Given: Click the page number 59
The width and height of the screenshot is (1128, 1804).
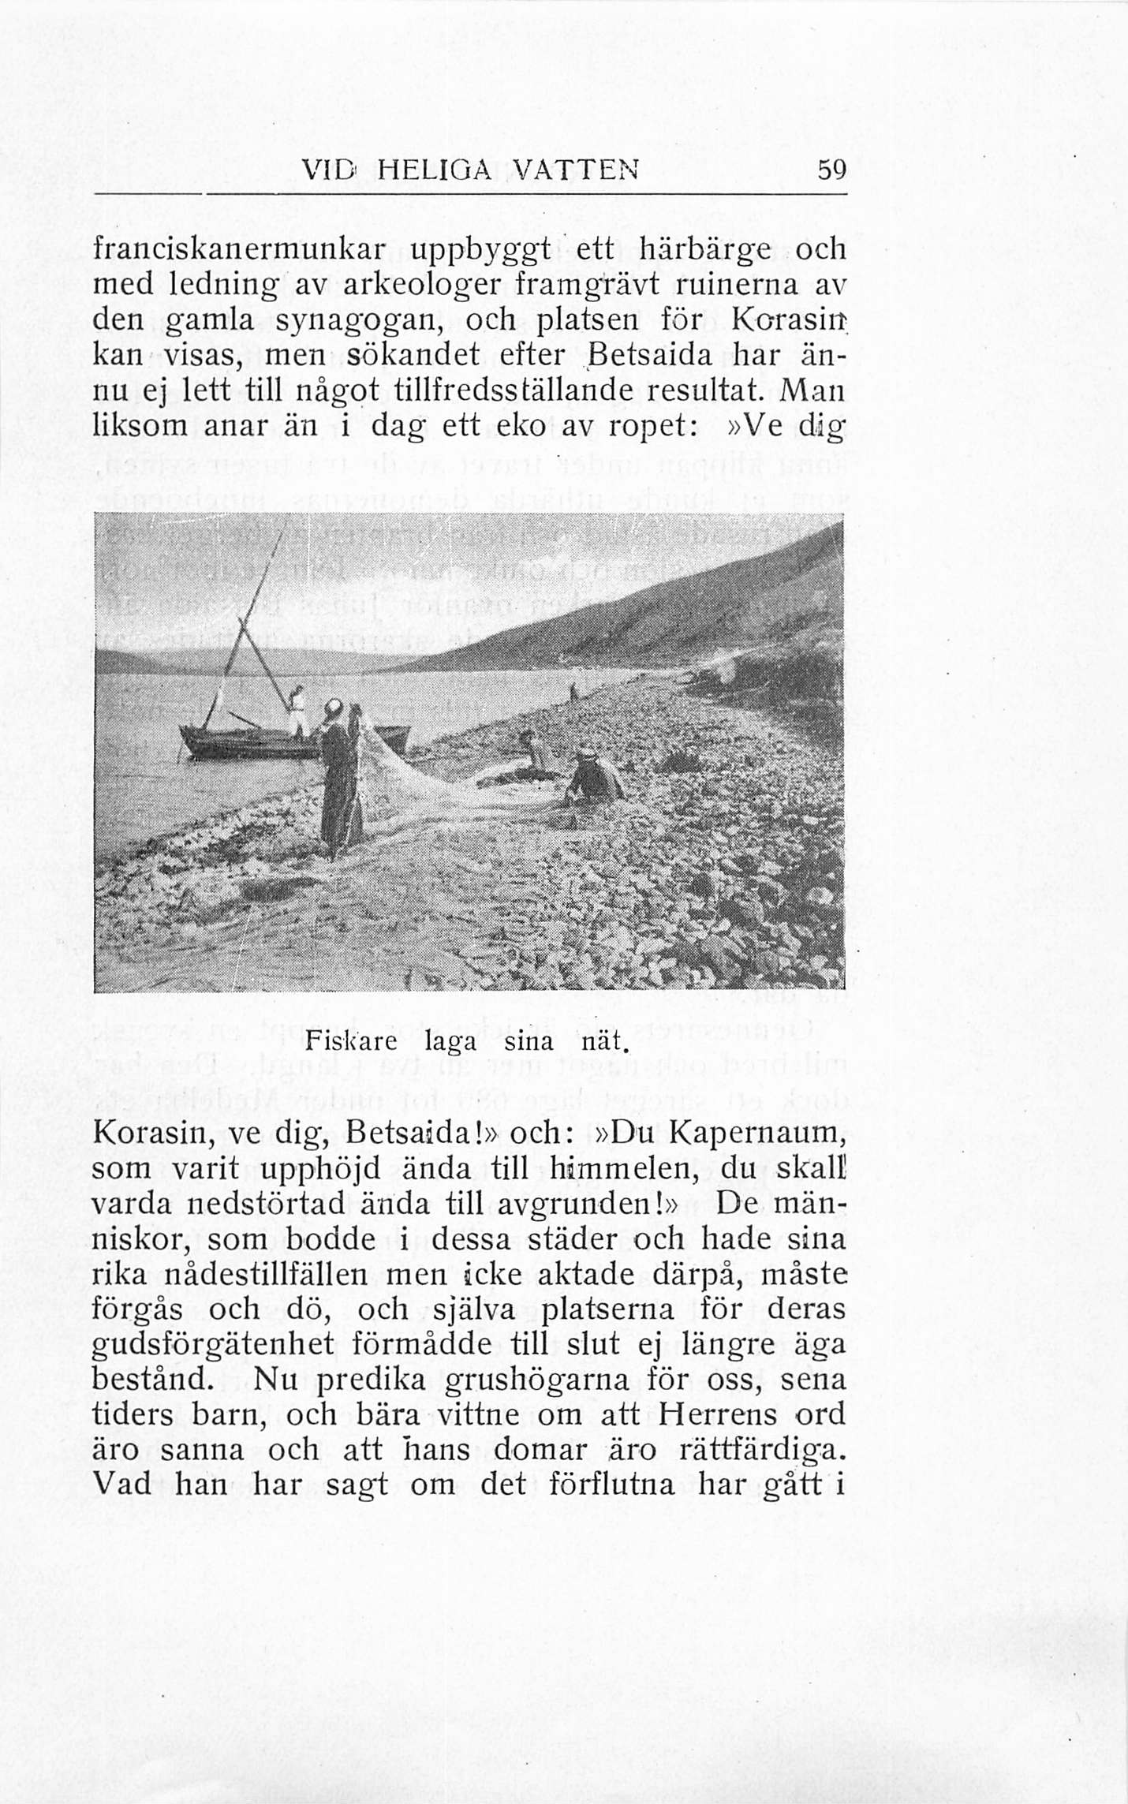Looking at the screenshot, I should [x=831, y=170].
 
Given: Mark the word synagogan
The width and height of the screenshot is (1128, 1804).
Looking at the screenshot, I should [x=342, y=321].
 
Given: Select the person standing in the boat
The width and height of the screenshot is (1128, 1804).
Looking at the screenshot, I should [x=297, y=710].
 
